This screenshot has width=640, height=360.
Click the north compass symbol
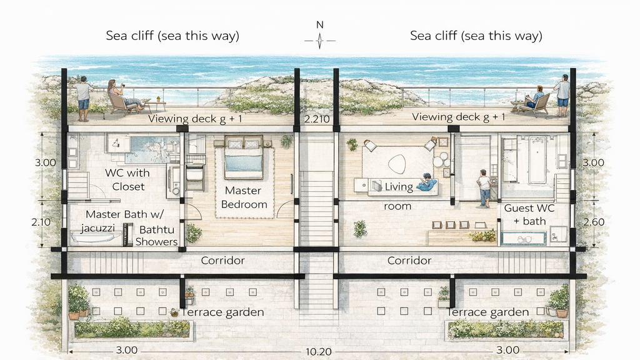pyautogui.click(x=319, y=40)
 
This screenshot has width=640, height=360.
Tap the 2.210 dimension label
pyautogui.click(x=315, y=118)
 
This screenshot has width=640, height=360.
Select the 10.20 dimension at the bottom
pyautogui.click(x=319, y=352)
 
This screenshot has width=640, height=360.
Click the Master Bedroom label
pyautogui.click(x=246, y=197)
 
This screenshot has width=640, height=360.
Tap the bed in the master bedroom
pyautogui.click(x=243, y=157)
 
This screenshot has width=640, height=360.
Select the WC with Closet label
pyautogui.click(x=127, y=179)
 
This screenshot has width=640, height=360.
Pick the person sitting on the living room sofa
pyautogui.click(x=427, y=182)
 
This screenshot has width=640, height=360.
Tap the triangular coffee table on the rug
pyautogui.click(x=396, y=164)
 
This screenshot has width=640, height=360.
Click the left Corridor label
pyautogui.click(x=222, y=260)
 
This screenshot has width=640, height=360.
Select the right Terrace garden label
pyautogui.click(x=488, y=312)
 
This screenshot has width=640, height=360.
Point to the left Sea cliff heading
pyautogui.click(x=172, y=36)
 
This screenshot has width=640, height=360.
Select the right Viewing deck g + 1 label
pyautogui.click(x=458, y=117)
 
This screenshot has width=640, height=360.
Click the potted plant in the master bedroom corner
pyautogui.click(x=194, y=234)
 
